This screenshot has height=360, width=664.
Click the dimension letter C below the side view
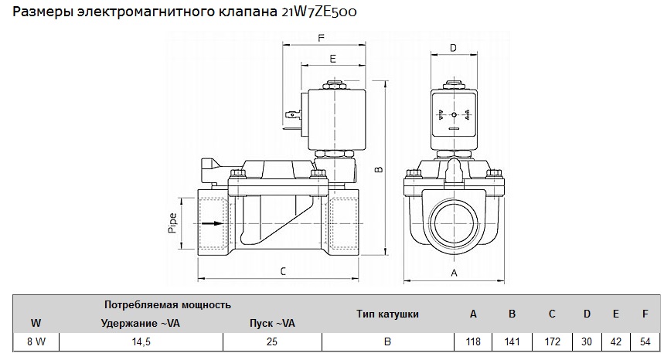tap(283, 270)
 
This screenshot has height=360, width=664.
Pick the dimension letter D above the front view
tap(454, 49)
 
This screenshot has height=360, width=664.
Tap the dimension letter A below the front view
tap(454, 273)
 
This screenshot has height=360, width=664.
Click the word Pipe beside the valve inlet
tap(173, 223)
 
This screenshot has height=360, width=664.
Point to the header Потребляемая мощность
tap(168, 305)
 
